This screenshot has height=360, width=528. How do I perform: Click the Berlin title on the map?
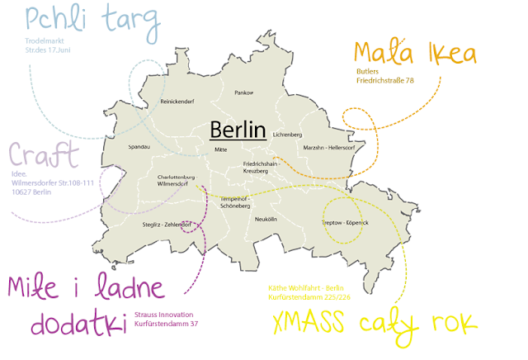[238, 130]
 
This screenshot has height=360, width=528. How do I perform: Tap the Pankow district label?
[244, 93]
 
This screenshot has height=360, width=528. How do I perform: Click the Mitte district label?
[220, 149]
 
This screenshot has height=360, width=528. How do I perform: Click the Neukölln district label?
[266, 219]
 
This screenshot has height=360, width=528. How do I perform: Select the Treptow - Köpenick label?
[345, 223]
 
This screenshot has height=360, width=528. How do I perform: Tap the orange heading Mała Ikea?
[415, 53]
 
